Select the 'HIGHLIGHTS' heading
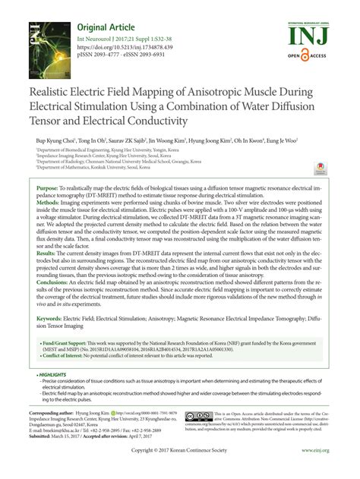(55, 375)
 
